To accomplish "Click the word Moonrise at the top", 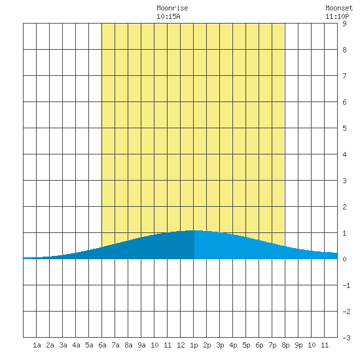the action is click(172, 8).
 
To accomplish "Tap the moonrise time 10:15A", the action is click(168, 16).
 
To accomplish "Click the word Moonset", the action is click(339, 8).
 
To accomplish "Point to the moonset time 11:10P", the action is click(337, 16).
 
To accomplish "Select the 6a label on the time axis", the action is click(102, 345).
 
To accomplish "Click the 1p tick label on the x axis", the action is click(194, 346).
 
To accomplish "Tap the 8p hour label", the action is click(285, 346).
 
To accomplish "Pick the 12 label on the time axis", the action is click(181, 345).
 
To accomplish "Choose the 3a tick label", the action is click(63, 345).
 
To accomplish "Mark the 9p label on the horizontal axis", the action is click(298, 346).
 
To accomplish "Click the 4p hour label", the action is click(233, 346).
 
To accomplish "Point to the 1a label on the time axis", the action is click(37, 345).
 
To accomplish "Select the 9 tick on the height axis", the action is click(344, 24).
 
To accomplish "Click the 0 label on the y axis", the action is click(344, 259).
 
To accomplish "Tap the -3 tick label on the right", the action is click(346, 338).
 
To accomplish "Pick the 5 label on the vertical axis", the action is click(344, 128).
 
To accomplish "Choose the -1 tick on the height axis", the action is click(346, 285).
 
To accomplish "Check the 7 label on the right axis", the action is click(344, 76).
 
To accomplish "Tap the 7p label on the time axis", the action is click(272, 346).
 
